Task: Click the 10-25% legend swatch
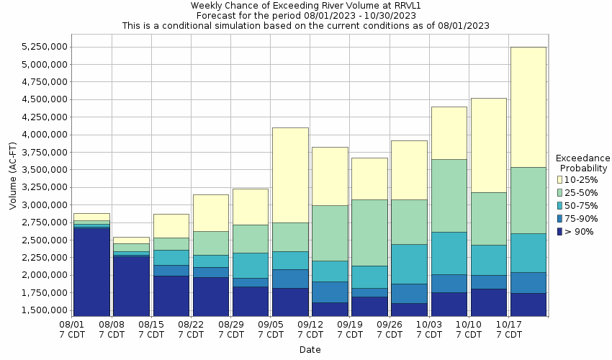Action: click(559, 179)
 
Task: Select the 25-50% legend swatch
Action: click(559, 192)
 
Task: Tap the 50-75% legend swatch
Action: click(559, 206)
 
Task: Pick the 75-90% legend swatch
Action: click(559, 219)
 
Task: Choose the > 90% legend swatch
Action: click(559, 232)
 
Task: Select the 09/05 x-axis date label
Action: click(270, 324)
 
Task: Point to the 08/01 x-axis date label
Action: click(71, 324)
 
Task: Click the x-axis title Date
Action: click(310, 350)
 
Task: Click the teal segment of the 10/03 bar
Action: click(449, 253)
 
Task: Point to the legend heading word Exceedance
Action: click(582, 158)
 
